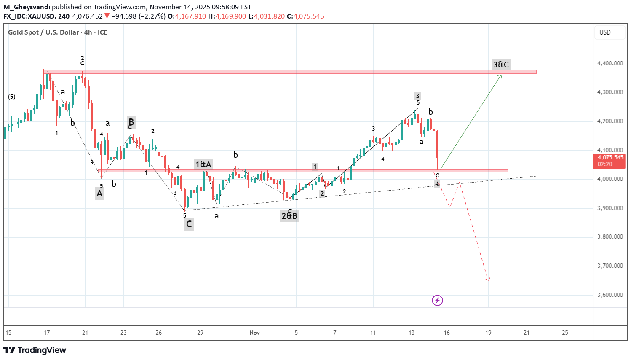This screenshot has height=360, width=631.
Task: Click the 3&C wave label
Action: tap(501, 64)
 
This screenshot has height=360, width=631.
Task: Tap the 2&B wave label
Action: tap(289, 216)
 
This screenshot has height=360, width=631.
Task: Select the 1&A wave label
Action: tap(203, 164)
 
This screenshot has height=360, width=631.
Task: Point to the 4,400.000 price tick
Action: tap(610, 63)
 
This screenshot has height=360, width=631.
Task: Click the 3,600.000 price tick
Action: tap(610, 295)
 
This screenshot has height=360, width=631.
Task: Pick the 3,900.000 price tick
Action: tap(610, 208)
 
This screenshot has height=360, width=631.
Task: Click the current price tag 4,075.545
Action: tap(610, 158)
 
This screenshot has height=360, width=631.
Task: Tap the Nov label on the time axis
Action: tap(254, 333)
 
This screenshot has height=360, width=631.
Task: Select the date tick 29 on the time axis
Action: tap(200, 333)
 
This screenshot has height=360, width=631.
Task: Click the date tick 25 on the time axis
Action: tap(565, 333)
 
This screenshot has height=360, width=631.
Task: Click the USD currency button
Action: tap(605, 32)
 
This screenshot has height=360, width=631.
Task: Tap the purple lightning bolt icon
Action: tap(437, 300)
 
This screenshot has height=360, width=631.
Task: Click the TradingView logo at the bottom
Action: tap(35, 350)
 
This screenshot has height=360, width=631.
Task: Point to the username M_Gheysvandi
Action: tap(27, 7)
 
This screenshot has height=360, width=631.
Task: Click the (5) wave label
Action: tap(12, 97)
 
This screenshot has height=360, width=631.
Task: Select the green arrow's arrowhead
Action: tap(501, 75)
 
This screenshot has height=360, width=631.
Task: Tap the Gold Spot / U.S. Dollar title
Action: tap(43, 32)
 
